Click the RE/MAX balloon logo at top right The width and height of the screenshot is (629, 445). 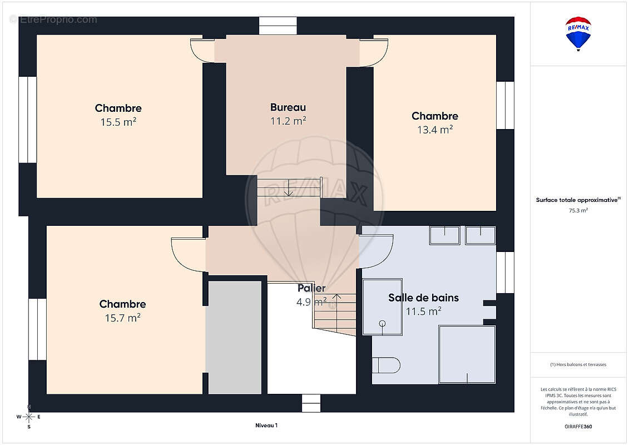coord(578,33)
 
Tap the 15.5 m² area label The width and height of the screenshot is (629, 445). coord(118,122)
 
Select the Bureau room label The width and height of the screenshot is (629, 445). coord(288,107)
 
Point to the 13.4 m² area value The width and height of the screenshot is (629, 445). coord(435,130)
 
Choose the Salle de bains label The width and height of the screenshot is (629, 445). coord(423,298)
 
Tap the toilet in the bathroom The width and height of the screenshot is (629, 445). coord(386,365)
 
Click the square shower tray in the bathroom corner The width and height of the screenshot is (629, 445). coord(467,354)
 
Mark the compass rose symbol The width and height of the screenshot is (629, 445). coord(29,417)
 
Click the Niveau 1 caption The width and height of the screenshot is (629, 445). coord(266,426)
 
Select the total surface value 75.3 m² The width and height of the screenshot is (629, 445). coord(578,211)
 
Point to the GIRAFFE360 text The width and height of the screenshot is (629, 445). coord(578,427)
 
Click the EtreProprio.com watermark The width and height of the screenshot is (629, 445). coord(53,19)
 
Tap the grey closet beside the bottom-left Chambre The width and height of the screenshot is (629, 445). coord(234,337)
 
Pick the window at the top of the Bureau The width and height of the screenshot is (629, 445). coord(278,26)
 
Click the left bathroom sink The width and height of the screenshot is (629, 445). coord(444,235)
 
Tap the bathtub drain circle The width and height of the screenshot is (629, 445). coord(382,324)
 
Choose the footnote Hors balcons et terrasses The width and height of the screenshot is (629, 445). coord(578,365)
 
